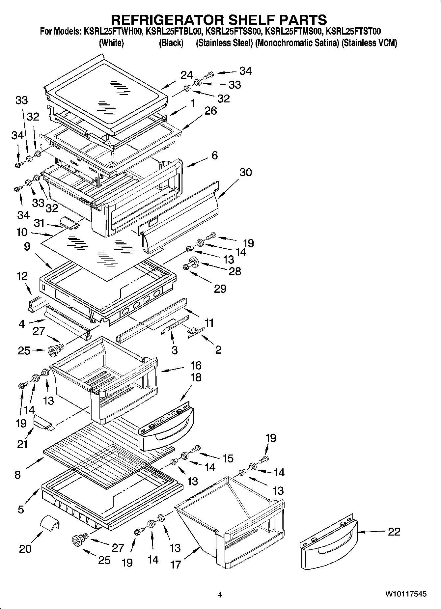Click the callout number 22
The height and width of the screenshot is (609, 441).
coord(394,532)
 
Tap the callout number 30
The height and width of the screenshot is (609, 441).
coord(245,172)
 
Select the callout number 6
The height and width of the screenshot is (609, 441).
coord(215,155)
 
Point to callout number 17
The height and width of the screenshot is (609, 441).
coord(176,564)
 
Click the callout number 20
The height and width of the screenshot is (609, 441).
coord(25,548)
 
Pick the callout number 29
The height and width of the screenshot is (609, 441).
coord(220,289)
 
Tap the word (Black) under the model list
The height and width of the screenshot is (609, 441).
coord(171,43)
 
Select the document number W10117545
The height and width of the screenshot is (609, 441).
coord(406,594)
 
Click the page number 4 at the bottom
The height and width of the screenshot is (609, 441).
coord(220,595)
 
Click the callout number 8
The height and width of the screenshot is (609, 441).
coord(17,475)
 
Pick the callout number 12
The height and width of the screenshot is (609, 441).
coord(22,276)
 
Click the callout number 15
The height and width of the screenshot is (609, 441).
coord(228,458)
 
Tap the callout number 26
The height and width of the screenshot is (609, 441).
coord(210,111)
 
